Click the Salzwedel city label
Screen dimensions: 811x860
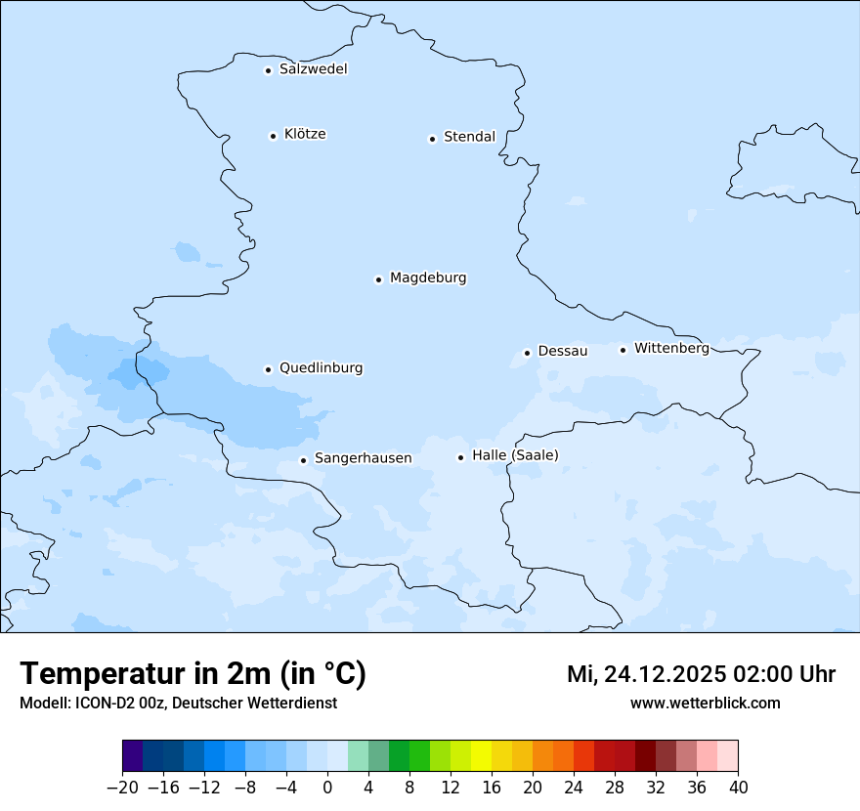click(x=313, y=69)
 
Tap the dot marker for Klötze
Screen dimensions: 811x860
click(x=273, y=136)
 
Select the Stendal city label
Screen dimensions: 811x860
click(x=469, y=137)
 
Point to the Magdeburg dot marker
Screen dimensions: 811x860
click(x=378, y=279)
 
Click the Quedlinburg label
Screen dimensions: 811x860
click(x=321, y=368)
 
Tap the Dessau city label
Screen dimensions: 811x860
click(x=563, y=351)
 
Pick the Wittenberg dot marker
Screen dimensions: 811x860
click(x=623, y=350)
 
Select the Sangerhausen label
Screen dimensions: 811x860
click(x=363, y=458)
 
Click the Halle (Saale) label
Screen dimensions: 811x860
click(x=515, y=455)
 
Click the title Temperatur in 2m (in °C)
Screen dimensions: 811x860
click(x=193, y=674)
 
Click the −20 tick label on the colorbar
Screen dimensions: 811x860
click(x=122, y=788)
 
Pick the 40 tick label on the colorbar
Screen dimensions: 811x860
click(x=738, y=788)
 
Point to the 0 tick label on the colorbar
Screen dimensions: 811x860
click(x=327, y=788)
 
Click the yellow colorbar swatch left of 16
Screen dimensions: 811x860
click(x=481, y=755)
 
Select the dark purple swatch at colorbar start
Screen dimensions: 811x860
click(x=133, y=755)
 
